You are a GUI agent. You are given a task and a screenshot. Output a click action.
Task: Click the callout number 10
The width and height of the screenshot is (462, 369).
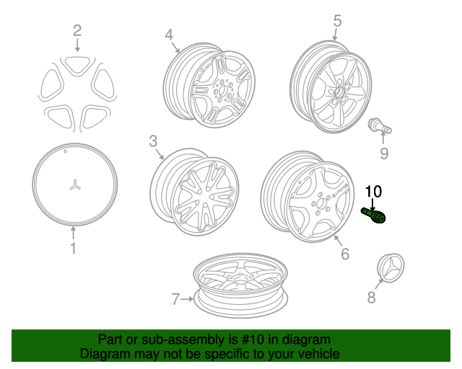pos(373,191)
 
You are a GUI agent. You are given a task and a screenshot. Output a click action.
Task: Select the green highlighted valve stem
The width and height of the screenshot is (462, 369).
pos(374,215)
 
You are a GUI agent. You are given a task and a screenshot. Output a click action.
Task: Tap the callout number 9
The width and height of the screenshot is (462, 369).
pos(384,154)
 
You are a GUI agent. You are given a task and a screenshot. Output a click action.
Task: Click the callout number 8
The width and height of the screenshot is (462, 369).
pos(371,297)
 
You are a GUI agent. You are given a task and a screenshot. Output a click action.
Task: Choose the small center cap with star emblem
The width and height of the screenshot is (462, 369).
pos(391,267)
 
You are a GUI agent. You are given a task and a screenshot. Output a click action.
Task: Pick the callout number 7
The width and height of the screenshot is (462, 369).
pos(175,299)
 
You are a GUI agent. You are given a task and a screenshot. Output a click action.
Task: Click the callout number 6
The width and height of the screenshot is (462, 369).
pos(345,254)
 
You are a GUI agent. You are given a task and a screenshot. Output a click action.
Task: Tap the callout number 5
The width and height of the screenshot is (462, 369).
pos(337,21)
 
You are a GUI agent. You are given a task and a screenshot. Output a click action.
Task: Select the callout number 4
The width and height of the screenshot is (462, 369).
pos(169,35)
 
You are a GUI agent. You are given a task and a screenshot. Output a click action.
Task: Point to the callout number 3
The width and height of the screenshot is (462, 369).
pos(153,141)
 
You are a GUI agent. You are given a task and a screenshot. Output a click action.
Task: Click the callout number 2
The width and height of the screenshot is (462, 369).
pos(77,30)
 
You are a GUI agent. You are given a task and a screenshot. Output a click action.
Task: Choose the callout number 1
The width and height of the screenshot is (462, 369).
pos(73,248)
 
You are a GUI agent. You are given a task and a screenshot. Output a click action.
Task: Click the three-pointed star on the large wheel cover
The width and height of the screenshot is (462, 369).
pos(75,184)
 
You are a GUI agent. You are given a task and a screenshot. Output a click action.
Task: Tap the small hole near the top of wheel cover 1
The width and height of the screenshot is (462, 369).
pos(66,151)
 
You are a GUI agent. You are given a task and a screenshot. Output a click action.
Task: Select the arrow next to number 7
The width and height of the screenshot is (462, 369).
pos(187,299)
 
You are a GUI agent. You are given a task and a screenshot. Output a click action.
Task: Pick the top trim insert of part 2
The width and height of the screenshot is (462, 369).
pos(77,65)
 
